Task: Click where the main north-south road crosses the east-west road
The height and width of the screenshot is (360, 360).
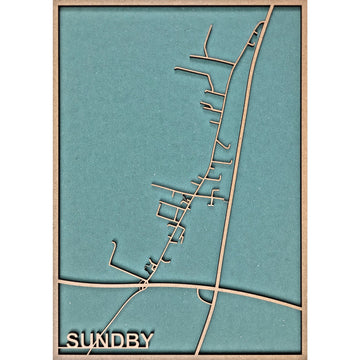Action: coord(222,291)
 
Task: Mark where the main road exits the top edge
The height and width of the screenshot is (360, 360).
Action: coord(271,7)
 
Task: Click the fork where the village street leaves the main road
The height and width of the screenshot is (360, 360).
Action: coord(255,40)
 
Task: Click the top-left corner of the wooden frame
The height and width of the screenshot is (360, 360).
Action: coord(55,4)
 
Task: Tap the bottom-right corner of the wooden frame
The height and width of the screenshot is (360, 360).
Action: coord(304,356)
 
